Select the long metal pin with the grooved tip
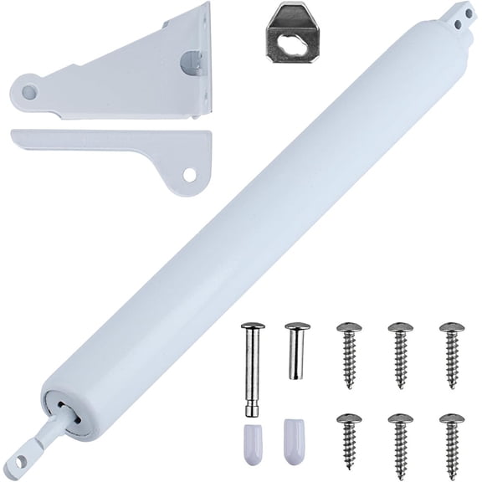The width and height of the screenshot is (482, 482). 253,368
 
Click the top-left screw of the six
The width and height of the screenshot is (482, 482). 348,355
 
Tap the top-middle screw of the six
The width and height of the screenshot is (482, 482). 401,355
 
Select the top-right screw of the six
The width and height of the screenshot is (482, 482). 451,355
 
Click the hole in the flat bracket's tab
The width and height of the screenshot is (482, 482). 190,175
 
